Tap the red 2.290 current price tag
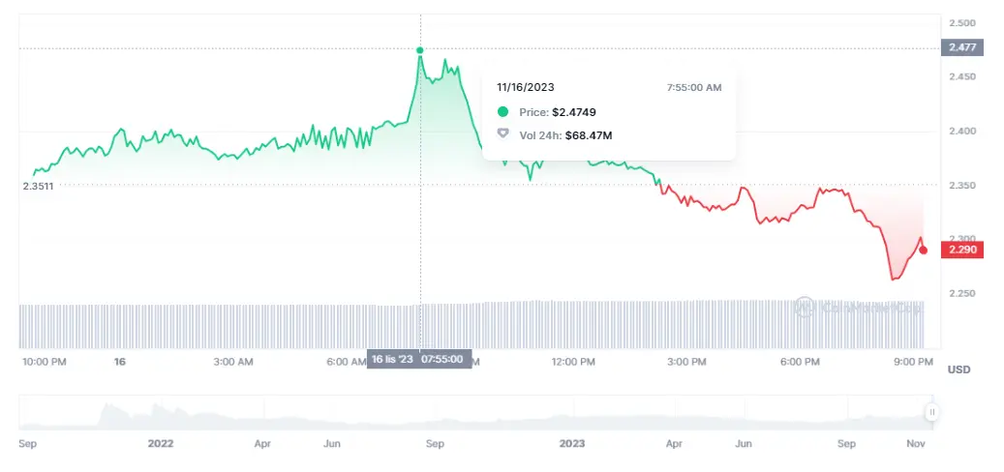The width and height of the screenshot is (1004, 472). click(x=964, y=250)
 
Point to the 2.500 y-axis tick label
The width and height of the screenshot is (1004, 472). click(x=962, y=22)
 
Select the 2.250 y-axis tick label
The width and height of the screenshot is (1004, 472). click(x=962, y=292)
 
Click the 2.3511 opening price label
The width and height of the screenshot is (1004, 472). click(x=38, y=186)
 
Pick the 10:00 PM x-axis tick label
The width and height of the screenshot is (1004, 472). click(x=44, y=362)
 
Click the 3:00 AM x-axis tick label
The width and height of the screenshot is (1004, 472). click(x=232, y=362)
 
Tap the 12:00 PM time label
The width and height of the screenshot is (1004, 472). click(x=573, y=362)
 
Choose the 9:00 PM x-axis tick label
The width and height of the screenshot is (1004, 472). click(x=913, y=362)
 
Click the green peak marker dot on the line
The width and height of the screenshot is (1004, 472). click(x=420, y=50)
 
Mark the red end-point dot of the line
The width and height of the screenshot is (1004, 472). click(x=923, y=251)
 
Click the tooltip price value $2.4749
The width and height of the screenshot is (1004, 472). click(x=575, y=112)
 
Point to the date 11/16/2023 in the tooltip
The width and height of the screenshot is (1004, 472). click(x=526, y=88)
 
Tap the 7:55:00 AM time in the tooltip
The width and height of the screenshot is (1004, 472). click(x=694, y=88)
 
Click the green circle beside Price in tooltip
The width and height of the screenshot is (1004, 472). click(x=502, y=112)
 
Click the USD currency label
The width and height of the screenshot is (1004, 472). click(x=958, y=369)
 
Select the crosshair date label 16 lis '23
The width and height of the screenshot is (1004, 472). click(x=392, y=359)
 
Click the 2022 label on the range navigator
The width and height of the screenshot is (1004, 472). click(x=161, y=444)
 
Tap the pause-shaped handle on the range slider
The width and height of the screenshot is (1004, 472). click(x=932, y=412)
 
